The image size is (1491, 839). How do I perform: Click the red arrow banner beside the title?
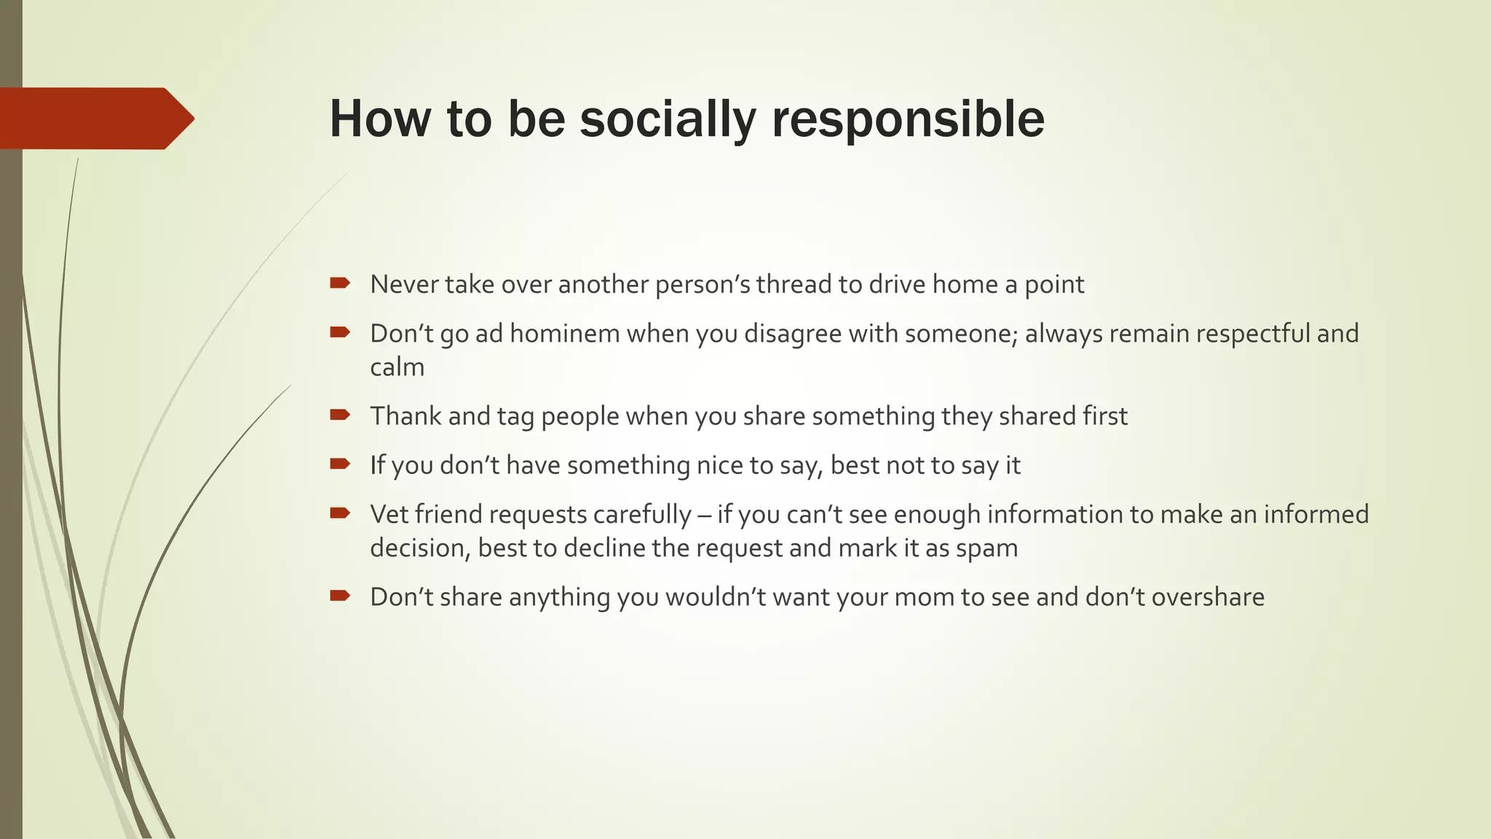(x=95, y=119)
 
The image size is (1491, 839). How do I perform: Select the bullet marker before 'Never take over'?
(x=339, y=283)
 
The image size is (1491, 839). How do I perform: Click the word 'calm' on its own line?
(x=397, y=367)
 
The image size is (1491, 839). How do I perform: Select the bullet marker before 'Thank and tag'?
(x=339, y=414)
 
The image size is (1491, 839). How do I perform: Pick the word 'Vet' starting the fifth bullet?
(x=389, y=514)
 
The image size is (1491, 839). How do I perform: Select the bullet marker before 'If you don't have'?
(x=339, y=463)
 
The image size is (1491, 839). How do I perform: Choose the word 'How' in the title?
(x=379, y=119)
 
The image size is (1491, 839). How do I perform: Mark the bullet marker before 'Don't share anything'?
(x=339, y=596)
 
